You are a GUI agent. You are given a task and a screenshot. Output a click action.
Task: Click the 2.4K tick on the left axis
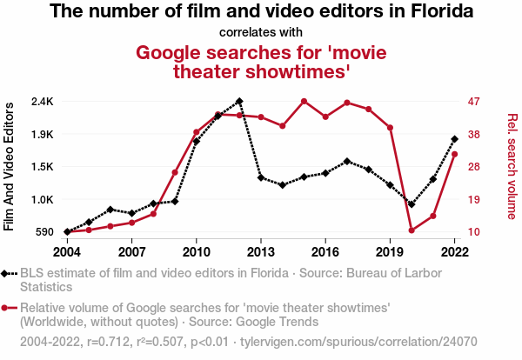coord(41,102)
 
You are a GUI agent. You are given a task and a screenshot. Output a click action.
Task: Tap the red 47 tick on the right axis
coord(474,102)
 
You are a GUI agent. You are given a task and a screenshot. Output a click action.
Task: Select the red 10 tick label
coord(474,232)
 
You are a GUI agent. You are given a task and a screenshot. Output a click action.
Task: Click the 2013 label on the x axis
coord(261,252)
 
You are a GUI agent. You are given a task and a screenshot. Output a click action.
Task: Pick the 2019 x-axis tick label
coord(390,252)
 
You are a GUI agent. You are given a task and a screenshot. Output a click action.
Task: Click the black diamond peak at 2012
coord(239,102)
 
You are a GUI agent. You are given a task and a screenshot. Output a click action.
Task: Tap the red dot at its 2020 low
coord(412,230)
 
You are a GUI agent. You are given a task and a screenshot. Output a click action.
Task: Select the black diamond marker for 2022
coord(454,138)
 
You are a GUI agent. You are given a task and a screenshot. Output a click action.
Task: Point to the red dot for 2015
coord(304,101)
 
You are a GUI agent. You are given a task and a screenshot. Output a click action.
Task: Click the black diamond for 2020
coord(412,204)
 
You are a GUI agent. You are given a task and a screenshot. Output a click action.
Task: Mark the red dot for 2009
coord(175,172)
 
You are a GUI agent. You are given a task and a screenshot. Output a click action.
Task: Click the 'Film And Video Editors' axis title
coord(10,166)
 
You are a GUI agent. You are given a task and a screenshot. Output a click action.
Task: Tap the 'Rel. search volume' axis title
coord(512,166)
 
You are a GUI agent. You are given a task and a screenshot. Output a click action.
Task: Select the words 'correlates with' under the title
coord(261,33)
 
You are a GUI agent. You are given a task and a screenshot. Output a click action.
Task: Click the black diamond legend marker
coord(7,274)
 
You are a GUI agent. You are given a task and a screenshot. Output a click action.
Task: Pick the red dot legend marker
coord(7,308)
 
